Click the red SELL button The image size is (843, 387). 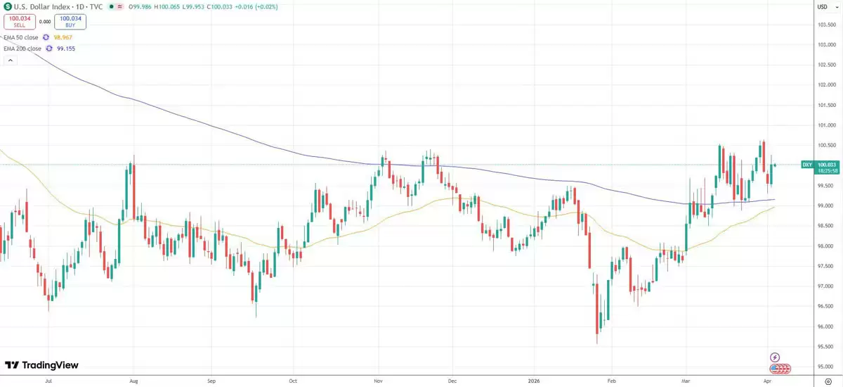19,22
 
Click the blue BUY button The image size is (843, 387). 70,22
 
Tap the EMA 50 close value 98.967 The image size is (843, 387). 63,37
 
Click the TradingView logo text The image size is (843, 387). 42,365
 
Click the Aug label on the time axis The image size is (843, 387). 133,381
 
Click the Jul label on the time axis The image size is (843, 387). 48,381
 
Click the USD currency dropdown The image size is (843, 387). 823,6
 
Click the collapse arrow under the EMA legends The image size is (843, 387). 10,61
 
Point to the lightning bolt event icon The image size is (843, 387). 775,357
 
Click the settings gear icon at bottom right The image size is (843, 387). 827,381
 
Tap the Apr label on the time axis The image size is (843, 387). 766,381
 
